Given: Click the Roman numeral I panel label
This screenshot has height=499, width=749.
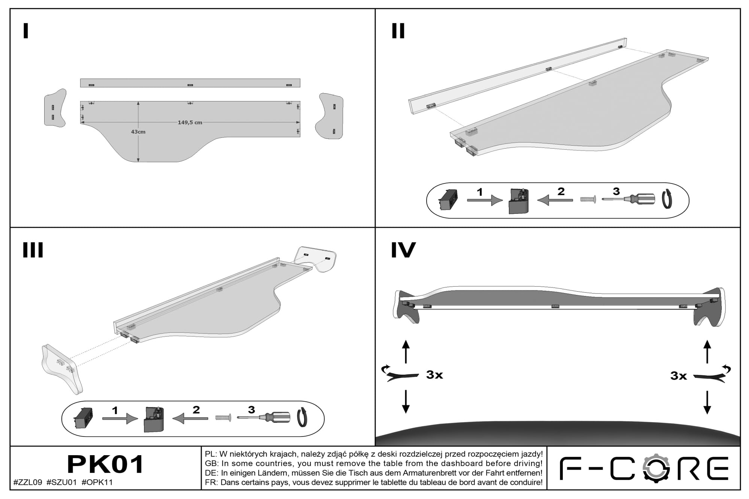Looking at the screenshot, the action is click(x=25, y=31).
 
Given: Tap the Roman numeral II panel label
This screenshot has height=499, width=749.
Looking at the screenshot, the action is click(x=398, y=31).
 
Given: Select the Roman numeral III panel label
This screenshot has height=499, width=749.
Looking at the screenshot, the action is click(x=33, y=250).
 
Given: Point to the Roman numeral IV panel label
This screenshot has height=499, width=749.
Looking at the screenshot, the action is click(x=403, y=250).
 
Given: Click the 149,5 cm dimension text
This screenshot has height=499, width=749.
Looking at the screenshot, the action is click(x=190, y=122).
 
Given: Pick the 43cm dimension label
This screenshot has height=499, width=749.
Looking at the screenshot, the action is click(x=138, y=132).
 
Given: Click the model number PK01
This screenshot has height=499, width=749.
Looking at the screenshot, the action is click(x=105, y=464).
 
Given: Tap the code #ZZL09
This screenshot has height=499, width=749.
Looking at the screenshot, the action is click(x=28, y=483).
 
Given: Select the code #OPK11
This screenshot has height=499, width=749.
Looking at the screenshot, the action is click(x=97, y=483).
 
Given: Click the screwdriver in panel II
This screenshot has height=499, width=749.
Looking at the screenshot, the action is click(x=628, y=199).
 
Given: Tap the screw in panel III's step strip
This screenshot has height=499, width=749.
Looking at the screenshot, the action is click(x=223, y=417).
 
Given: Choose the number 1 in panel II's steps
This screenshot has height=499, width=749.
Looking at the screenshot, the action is click(x=479, y=192).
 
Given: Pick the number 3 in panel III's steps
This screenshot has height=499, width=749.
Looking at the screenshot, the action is click(x=251, y=410).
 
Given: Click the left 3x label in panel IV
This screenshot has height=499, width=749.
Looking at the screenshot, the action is click(x=434, y=375).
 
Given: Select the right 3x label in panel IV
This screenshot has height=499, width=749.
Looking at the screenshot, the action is click(x=679, y=376).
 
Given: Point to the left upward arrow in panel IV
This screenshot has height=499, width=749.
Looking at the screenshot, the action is click(x=406, y=352).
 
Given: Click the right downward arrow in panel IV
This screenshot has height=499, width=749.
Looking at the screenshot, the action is click(x=707, y=402).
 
